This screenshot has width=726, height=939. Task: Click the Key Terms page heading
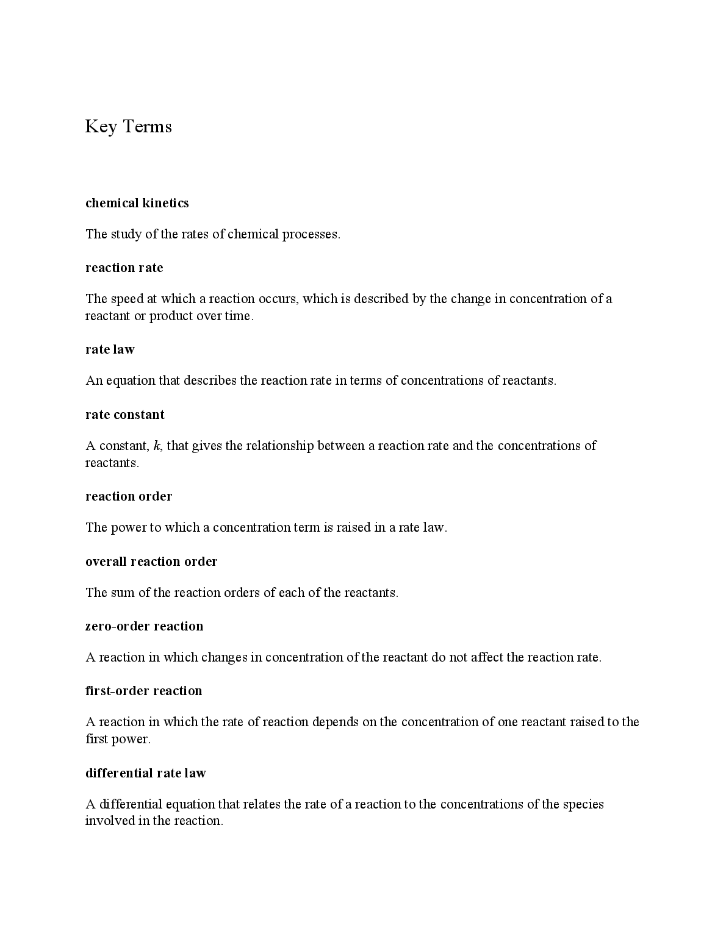128,127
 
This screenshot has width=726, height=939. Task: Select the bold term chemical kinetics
137,203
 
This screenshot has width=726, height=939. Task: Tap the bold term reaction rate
124,268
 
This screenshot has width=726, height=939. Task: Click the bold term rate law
110,349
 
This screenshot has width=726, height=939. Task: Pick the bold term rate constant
125,415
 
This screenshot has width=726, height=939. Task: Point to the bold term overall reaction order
151,562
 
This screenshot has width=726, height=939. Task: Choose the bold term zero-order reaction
145,626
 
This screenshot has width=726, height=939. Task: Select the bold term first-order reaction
144,691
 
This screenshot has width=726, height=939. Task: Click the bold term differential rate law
146,773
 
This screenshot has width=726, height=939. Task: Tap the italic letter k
157,446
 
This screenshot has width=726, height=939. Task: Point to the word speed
127,299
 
